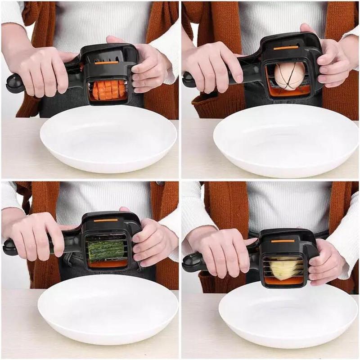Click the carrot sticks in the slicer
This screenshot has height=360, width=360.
click(108, 89)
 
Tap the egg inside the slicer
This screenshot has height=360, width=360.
click(289, 75)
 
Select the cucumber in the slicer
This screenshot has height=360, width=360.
click(106, 251)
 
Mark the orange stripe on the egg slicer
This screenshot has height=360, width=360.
click(286, 47)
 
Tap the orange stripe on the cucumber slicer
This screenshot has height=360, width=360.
click(106, 220)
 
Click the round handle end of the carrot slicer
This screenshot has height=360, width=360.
click(13, 84)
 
